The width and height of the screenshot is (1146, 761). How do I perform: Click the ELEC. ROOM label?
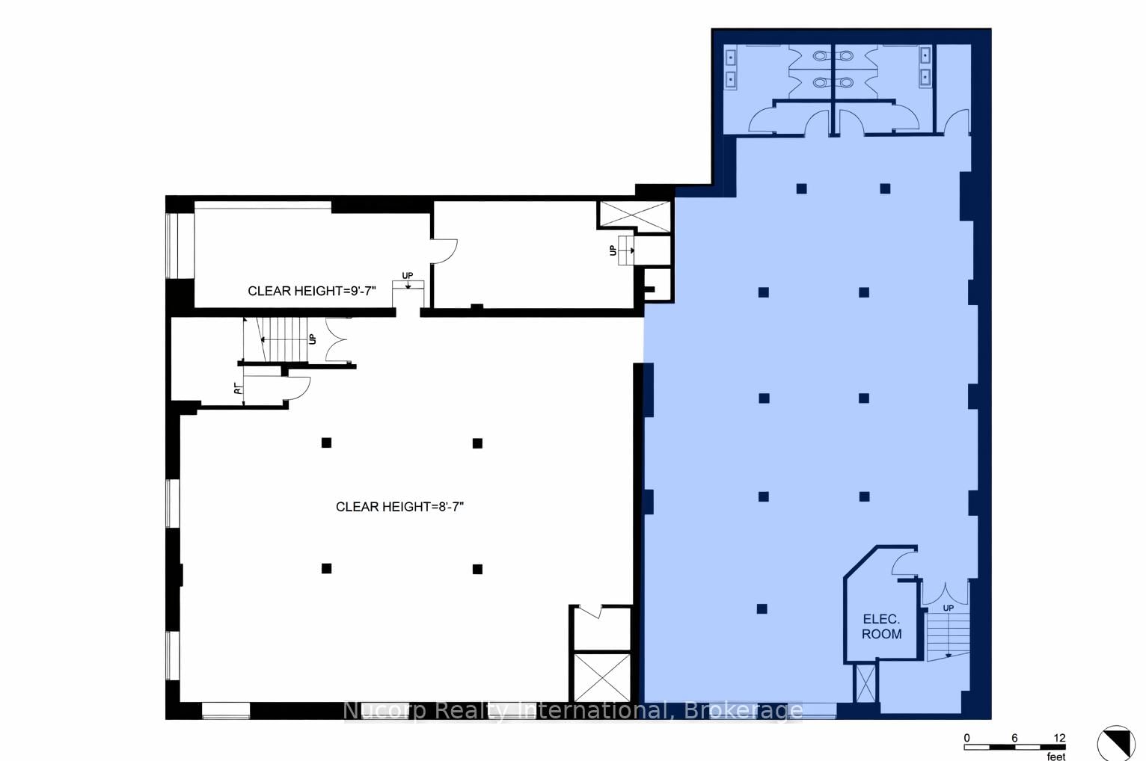click(x=881, y=626)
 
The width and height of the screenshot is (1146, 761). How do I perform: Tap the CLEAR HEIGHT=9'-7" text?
click(x=312, y=291)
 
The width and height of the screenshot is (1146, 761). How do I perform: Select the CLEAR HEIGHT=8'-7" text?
click(x=399, y=507)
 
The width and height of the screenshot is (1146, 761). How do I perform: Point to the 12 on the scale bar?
click(x=1059, y=738)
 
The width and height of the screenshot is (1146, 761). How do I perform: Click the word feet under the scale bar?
click(x=1055, y=757)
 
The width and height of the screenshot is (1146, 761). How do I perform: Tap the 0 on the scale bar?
click(x=966, y=738)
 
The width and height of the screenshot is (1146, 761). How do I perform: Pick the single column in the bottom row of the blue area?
click(x=762, y=609)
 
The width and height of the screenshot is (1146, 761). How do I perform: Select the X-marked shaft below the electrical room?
click(x=865, y=683)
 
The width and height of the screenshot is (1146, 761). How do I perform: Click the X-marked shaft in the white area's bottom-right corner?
click(x=601, y=677)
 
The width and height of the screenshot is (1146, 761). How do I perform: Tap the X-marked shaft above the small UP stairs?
click(x=634, y=215)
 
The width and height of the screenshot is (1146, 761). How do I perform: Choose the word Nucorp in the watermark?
click(x=383, y=711)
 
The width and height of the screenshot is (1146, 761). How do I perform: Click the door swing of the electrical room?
click(x=904, y=563)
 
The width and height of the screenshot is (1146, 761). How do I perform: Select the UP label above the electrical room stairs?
click(x=949, y=608)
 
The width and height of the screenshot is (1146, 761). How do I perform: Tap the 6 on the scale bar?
click(x=1014, y=738)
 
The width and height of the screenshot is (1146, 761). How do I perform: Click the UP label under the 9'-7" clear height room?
click(x=407, y=276)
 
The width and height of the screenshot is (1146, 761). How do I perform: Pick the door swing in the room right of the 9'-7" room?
click(x=444, y=250)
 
